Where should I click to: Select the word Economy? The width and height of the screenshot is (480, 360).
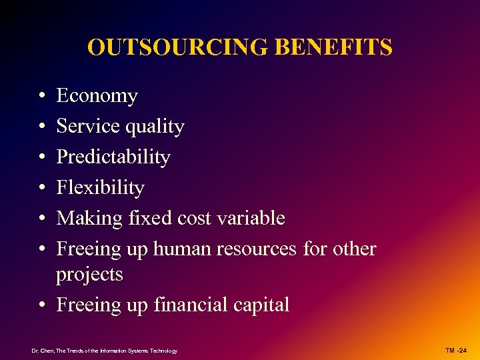pyautogui.click(x=97, y=97)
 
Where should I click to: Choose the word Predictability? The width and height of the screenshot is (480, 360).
pyautogui.click(x=113, y=157)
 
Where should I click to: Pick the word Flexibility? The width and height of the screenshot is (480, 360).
pyautogui.click(x=100, y=188)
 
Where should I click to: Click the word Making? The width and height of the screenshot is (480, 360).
pyautogui.click(x=87, y=219)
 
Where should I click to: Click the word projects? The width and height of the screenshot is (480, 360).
pyautogui.click(x=89, y=275)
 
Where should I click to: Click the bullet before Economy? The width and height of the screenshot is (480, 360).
pyautogui.click(x=42, y=97)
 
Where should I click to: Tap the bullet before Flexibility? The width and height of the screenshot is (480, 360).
pyautogui.click(x=42, y=189)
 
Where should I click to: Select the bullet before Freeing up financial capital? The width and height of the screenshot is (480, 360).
pyautogui.click(x=42, y=306)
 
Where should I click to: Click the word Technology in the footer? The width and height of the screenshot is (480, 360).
pyautogui.click(x=164, y=351)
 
